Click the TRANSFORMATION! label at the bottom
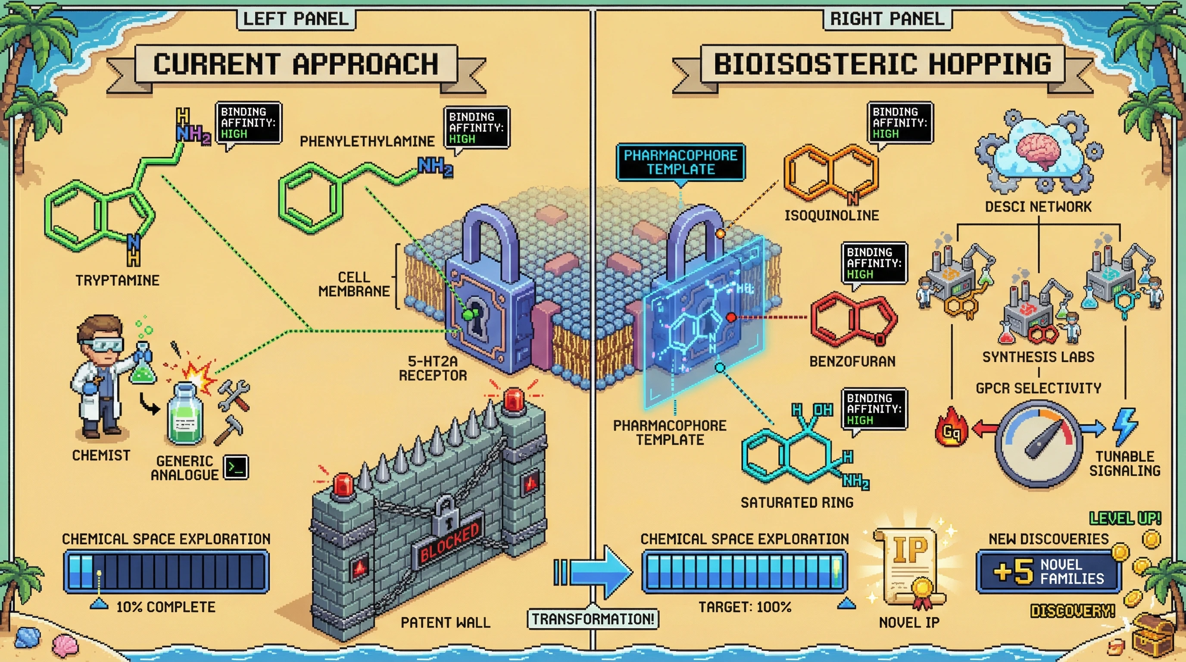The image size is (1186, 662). pos(593,619)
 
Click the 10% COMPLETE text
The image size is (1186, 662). pos(166,607)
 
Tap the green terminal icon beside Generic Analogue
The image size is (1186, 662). pos(236,468)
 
